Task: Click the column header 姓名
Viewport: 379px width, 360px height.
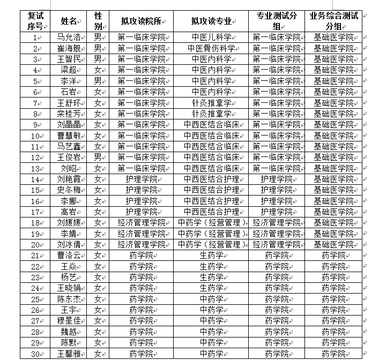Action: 69,21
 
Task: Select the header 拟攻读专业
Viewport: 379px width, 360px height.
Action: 211,21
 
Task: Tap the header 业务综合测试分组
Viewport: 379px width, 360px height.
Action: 333,20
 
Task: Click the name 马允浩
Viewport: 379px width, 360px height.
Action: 69,37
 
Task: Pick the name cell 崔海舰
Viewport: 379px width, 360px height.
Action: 69,48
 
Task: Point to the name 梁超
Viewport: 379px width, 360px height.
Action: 69,70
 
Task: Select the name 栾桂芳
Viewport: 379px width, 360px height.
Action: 69,114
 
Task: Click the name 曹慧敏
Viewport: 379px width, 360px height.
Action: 69,136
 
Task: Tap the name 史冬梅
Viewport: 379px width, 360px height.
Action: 69,190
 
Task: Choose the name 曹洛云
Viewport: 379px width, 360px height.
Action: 69,256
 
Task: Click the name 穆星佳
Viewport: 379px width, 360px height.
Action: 69,321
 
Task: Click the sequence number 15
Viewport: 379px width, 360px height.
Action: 36,190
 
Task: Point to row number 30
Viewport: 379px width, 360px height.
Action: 36,354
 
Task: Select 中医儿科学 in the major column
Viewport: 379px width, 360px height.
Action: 211,37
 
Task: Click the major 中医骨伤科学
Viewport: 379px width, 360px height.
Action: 211,48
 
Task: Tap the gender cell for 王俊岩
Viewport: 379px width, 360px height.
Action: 98,157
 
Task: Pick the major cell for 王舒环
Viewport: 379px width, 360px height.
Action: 211,103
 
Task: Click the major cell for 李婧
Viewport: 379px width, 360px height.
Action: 211,234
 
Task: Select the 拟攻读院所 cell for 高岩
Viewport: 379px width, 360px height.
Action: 142,212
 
